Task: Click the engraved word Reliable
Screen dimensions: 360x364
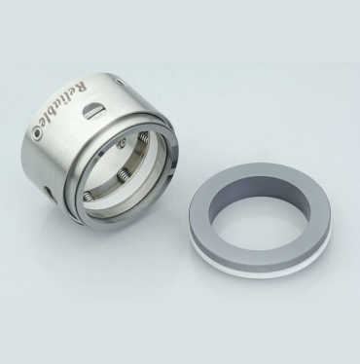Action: (x=60, y=104)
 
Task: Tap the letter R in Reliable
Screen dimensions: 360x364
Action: (x=81, y=86)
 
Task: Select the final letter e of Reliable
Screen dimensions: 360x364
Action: (x=43, y=125)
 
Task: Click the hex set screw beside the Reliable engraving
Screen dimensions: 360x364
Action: (x=37, y=133)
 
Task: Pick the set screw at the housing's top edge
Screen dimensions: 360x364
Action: (x=121, y=83)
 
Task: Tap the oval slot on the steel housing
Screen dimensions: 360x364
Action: (x=93, y=110)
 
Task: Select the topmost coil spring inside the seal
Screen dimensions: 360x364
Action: (x=144, y=137)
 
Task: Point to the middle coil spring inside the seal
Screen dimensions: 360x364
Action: (x=123, y=175)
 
